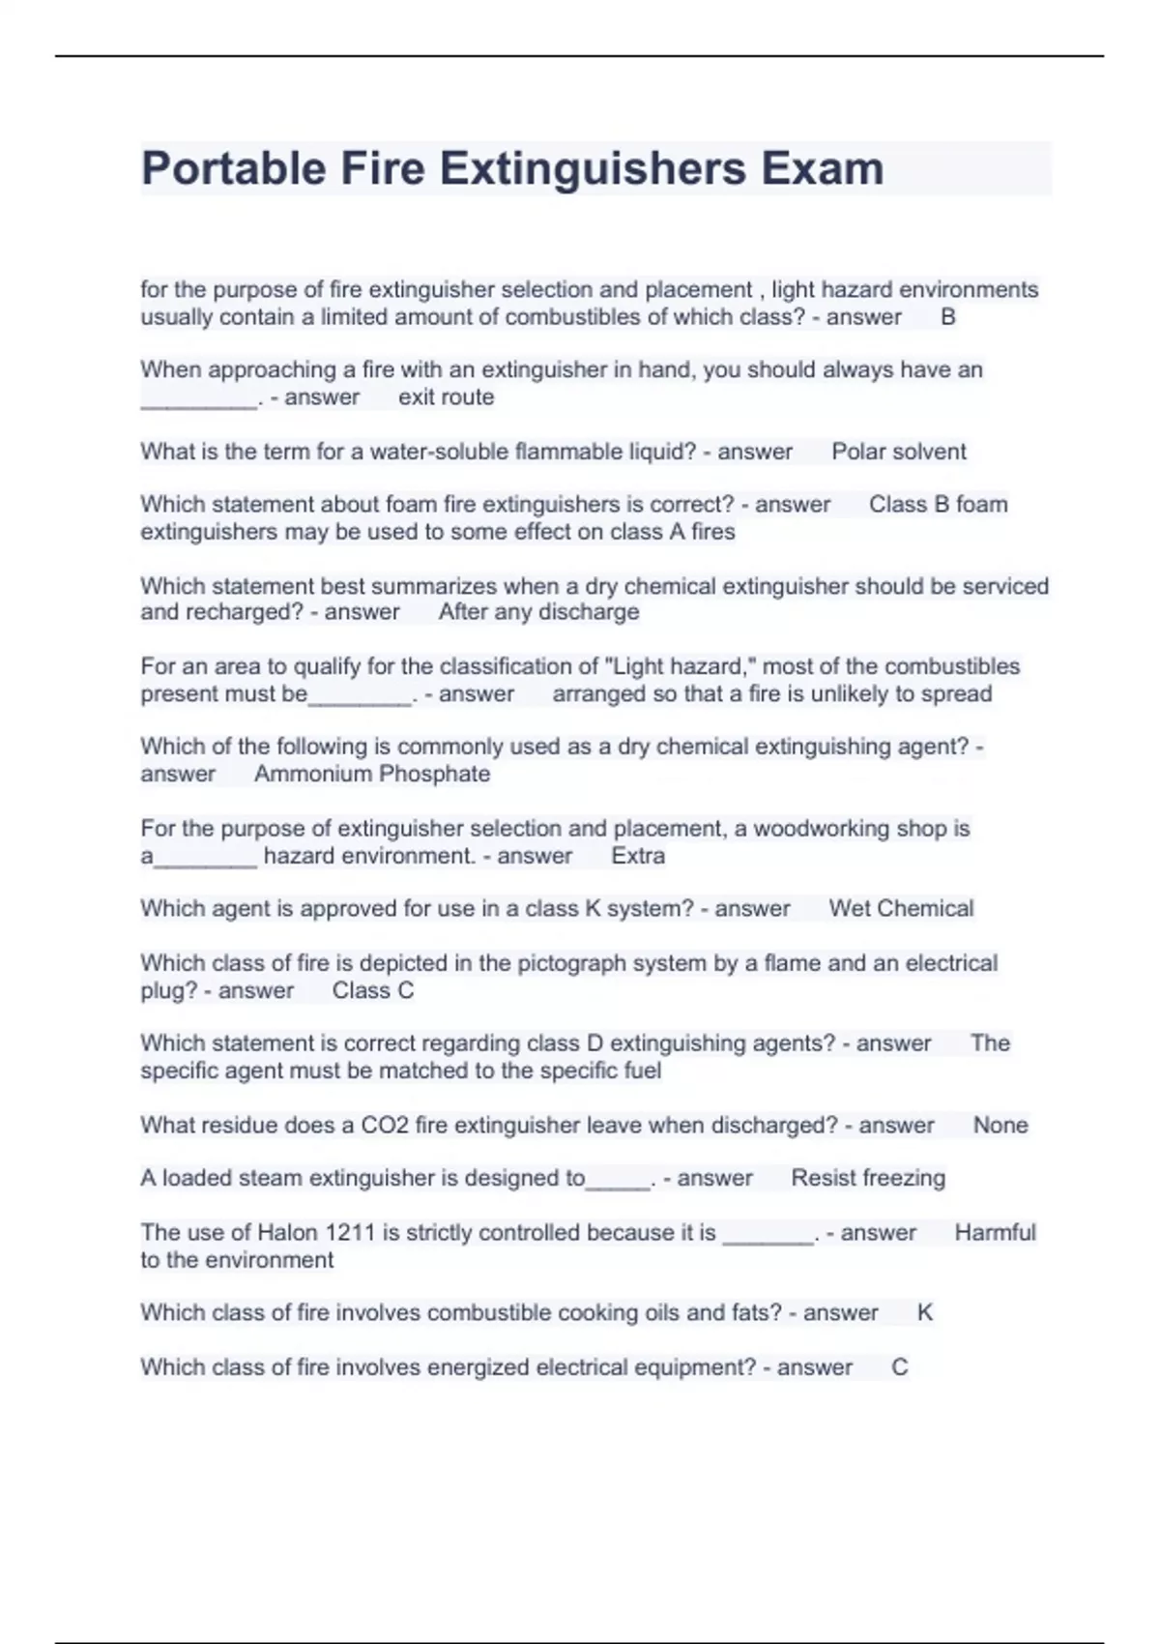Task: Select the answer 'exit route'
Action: (446, 397)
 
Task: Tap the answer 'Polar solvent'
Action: (898, 452)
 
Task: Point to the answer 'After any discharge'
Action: (538, 612)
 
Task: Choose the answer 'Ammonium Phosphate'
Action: (372, 774)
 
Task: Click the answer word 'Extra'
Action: (638, 856)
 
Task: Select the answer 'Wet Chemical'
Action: (901, 909)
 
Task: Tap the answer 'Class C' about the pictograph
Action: (372, 990)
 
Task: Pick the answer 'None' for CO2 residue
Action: (1000, 1125)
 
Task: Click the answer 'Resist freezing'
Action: (868, 1178)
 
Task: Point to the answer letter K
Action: (924, 1312)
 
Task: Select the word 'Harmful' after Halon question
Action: (995, 1232)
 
